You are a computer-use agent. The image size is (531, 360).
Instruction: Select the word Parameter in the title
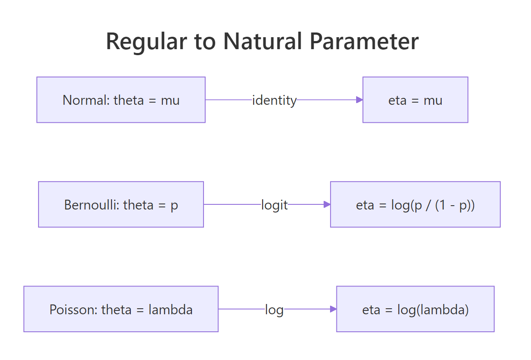pyautogui.click(x=364, y=41)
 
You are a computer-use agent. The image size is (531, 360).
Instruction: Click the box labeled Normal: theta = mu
pyautogui.click(x=121, y=100)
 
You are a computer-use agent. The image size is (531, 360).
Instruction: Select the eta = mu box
pyautogui.click(x=415, y=100)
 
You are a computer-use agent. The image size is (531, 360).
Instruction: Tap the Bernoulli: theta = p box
pyautogui.click(x=121, y=205)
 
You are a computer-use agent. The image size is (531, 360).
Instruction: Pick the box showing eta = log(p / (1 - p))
pyautogui.click(x=415, y=205)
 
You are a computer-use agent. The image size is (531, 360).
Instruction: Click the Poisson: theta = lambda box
pyautogui.click(x=121, y=309)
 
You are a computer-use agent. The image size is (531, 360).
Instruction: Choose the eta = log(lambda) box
pyautogui.click(x=415, y=309)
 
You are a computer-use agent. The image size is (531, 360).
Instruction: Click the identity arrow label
pyautogui.click(x=274, y=100)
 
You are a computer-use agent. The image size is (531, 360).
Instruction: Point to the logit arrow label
pyautogui.click(x=274, y=205)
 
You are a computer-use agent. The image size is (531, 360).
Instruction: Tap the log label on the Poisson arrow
pyautogui.click(x=274, y=310)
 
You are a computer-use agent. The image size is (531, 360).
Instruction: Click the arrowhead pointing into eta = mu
pyautogui.click(x=360, y=100)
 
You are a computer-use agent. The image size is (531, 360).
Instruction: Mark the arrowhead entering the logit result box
pyautogui.click(x=327, y=204)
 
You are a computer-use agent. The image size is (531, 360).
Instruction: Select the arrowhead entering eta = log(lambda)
pyautogui.click(x=333, y=309)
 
